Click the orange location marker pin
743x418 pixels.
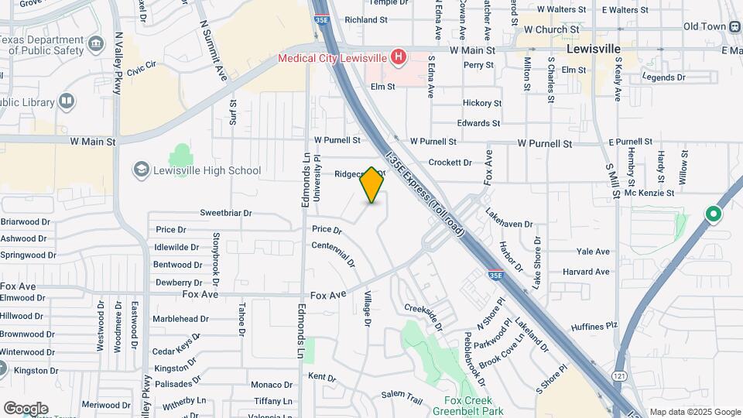tap(372, 185)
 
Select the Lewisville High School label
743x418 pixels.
tap(207, 170)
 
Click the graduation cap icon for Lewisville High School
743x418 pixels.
tap(141, 170)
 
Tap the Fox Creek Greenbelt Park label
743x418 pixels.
tap(468, 406)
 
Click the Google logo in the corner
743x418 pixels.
tap(26, 408)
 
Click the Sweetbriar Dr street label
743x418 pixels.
tap(227, 212)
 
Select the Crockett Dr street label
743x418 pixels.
tap(450, 163)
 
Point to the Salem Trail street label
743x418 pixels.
tap(402, 397)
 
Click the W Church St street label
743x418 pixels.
tap(548, 29)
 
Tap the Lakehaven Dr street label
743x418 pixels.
tap(509, 218)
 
